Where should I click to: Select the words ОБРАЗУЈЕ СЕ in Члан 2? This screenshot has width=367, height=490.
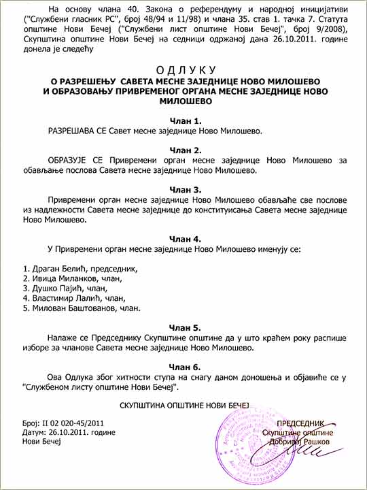click(x=73, y=161)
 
